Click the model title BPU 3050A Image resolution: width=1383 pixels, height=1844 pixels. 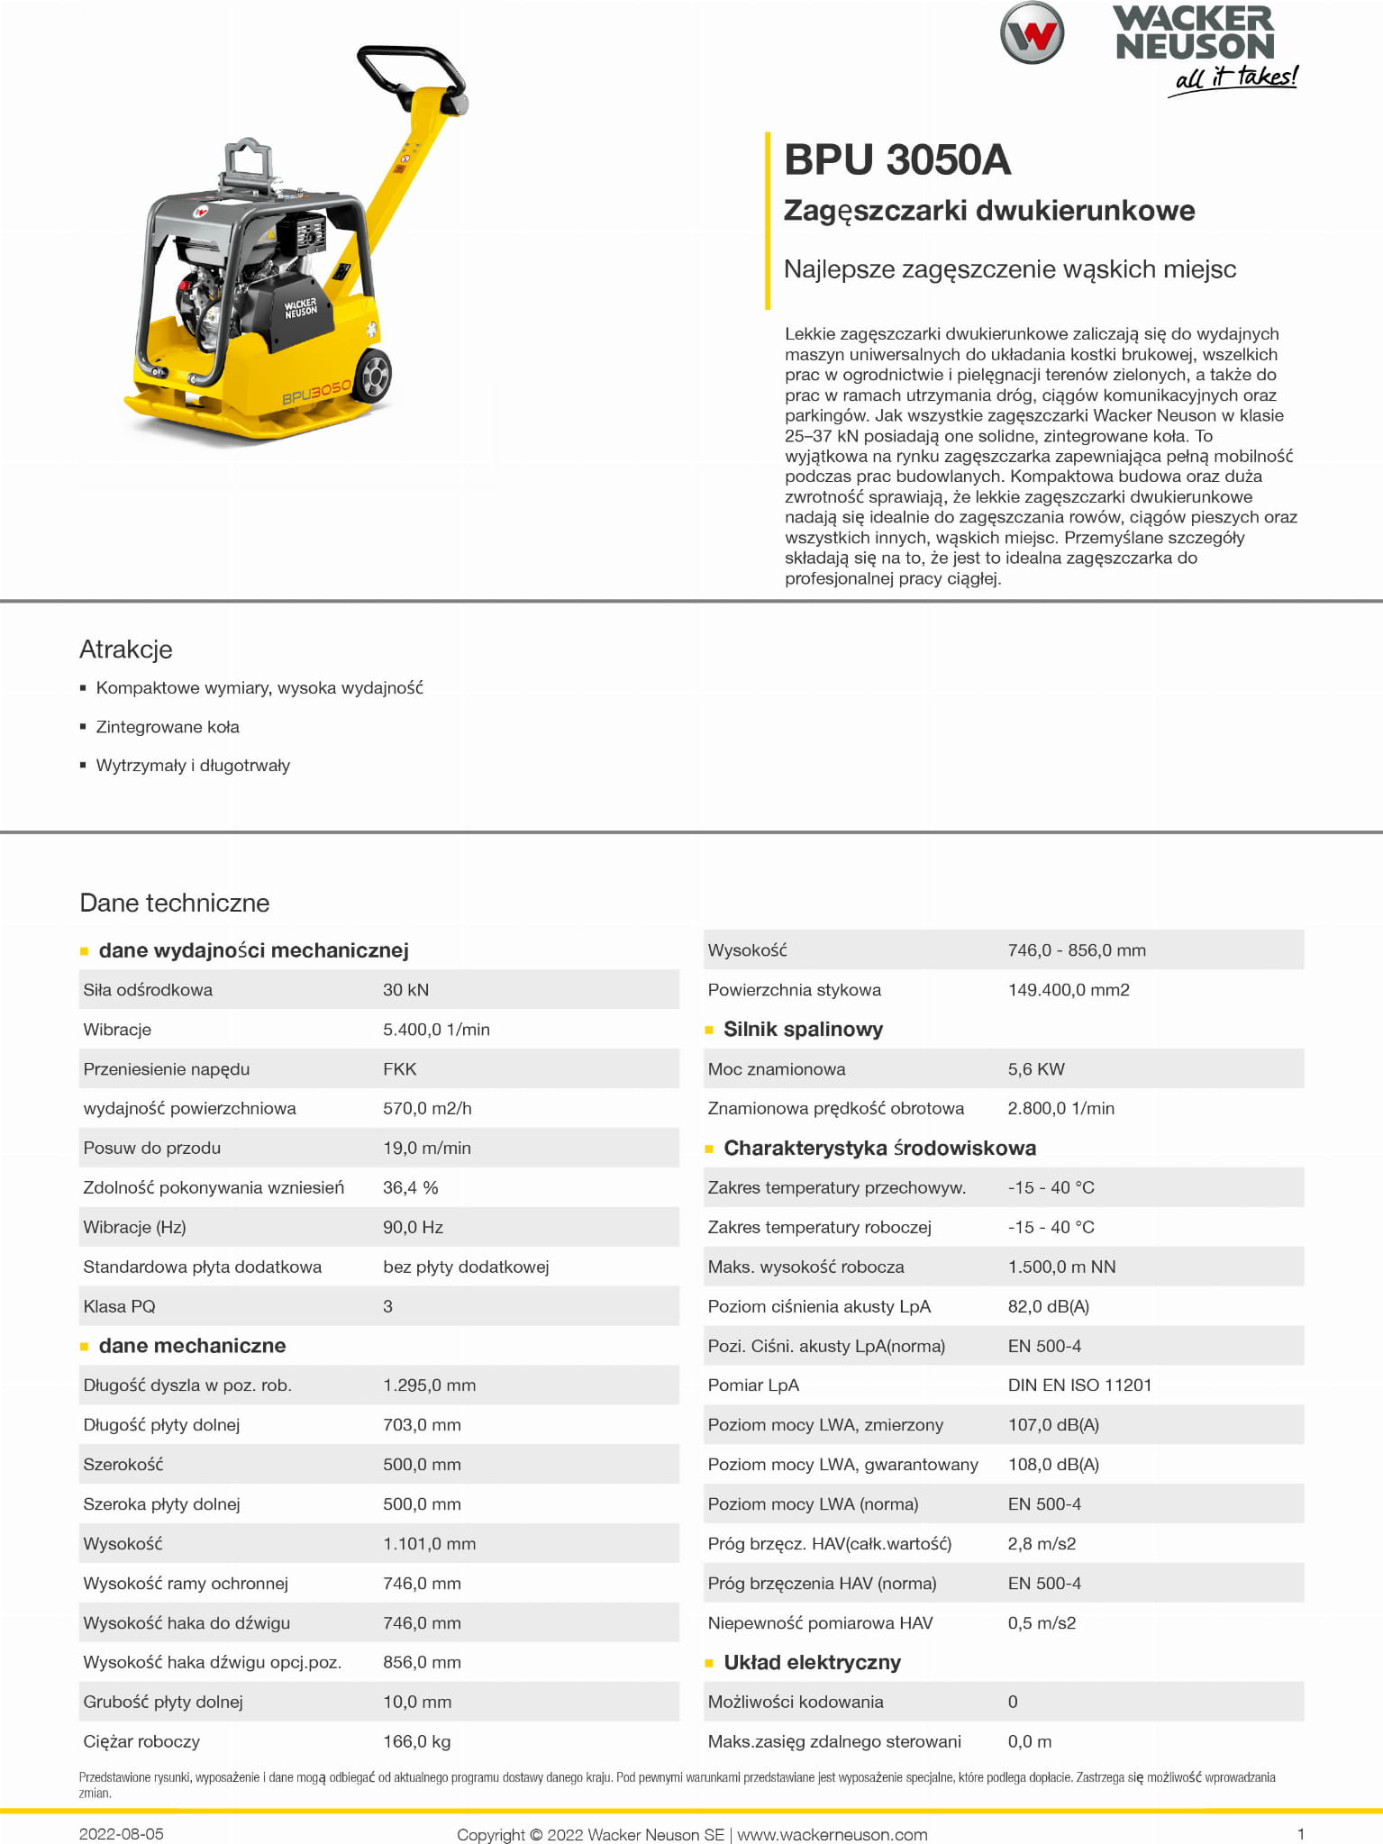[x=896, y=160]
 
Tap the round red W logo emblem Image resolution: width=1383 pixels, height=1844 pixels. [x=1032, y=33]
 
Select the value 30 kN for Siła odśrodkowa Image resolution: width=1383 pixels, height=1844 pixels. [x=405, y=990]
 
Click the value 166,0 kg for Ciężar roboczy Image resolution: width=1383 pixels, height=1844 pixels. [x=416, y=1741]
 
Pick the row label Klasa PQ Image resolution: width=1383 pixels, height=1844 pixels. [x=119, y=1306]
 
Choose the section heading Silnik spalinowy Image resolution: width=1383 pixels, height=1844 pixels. [x=803, y=1030]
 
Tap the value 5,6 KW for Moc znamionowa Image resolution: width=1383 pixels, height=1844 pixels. [x=1036, y=1069]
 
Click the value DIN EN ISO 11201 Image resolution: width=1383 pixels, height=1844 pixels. [x=1079, y=1385]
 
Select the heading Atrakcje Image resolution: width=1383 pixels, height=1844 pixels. [x=125, y=649]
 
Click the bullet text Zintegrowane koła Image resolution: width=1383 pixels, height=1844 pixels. [x=168, y=727]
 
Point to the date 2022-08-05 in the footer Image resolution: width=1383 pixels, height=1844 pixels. [x=122, y=1834]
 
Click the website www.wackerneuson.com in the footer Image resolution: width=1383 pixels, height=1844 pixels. [x=832, y=1835]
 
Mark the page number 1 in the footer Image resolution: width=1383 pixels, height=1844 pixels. [x=1300, y=1834]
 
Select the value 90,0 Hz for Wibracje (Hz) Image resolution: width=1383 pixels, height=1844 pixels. [x=413, y=1227]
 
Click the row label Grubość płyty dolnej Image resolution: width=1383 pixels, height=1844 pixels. [x=163, y=1702]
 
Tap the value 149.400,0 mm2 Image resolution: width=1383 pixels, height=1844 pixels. [x=1069, y=990]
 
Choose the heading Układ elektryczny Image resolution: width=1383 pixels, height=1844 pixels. [x=812, y=1663]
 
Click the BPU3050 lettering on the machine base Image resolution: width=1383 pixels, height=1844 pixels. [x=316, y=392]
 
